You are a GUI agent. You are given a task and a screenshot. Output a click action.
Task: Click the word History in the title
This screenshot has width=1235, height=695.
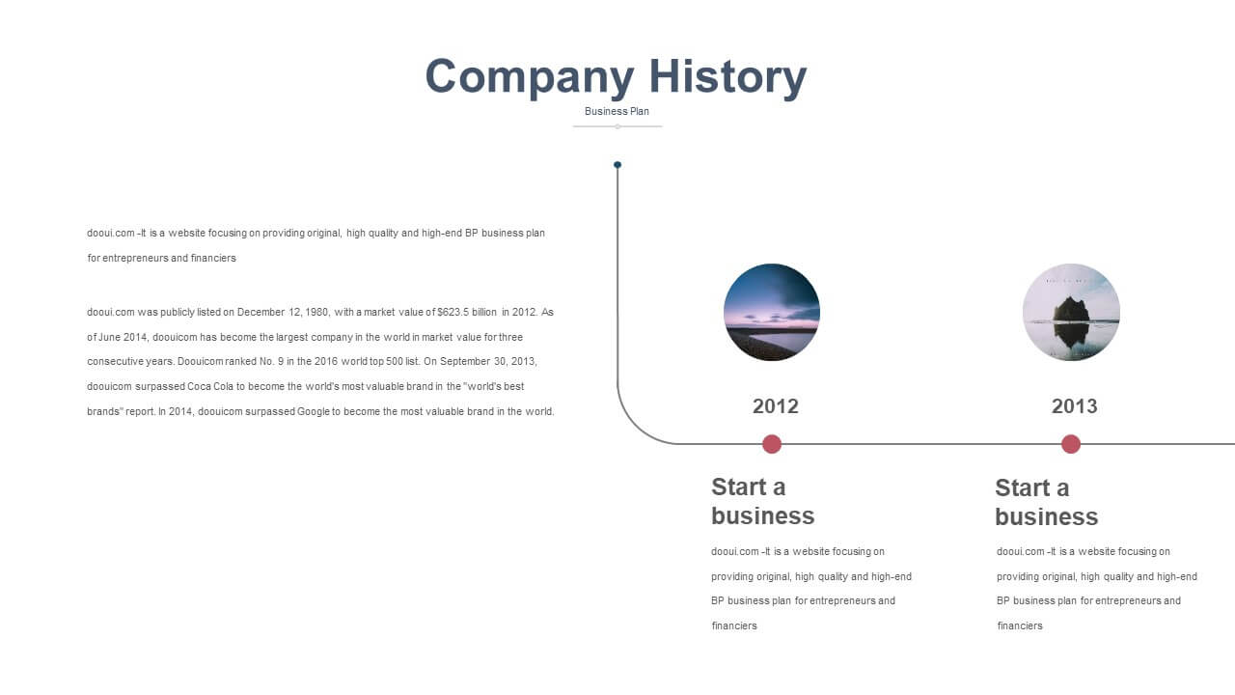[x=727, y=77]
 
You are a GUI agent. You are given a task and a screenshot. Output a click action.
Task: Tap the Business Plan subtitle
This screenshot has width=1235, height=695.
[x=617, y=111]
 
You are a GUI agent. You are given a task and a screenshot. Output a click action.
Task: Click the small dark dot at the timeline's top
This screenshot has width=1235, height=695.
[x=617, y=164]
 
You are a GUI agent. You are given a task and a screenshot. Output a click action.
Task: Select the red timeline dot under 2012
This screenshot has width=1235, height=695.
[x=772, y=444]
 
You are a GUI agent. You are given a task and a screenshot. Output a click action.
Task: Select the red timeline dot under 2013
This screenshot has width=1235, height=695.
[x=1071, y=444]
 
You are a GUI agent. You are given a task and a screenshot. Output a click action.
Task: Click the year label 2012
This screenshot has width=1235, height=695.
[x=776, y=406]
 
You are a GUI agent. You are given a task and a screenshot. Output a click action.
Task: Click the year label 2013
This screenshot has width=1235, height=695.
[x=1075, y=406]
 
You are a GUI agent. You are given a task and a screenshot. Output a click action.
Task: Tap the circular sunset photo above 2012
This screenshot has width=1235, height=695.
[x=772, y=312]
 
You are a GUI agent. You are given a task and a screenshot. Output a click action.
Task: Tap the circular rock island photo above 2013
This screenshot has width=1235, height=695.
[x=1071, y=312]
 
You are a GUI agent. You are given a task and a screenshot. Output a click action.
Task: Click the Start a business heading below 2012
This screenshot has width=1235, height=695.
[x=762, y=501]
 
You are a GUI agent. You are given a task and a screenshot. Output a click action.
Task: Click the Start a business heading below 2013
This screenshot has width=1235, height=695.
[x=1047, y=503]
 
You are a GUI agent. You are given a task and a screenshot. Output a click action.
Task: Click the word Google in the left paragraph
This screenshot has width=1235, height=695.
[x=314, y=411]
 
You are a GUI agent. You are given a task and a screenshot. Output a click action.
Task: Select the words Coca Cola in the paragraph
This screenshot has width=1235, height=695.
[x=210, y=387]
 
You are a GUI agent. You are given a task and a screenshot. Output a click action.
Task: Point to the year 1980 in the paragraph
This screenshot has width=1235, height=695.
[x=316, y=312]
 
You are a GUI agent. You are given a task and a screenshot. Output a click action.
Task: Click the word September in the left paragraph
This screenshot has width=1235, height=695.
[x=465, y=361]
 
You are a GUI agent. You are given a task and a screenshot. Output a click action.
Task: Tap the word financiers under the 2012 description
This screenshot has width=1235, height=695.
[x=734, y=626]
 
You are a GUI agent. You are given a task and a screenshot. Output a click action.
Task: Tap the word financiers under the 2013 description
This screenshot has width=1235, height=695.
[x=1020, y=626]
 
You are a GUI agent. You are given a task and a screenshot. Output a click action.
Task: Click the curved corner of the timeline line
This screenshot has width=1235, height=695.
[x=633, y=427]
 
